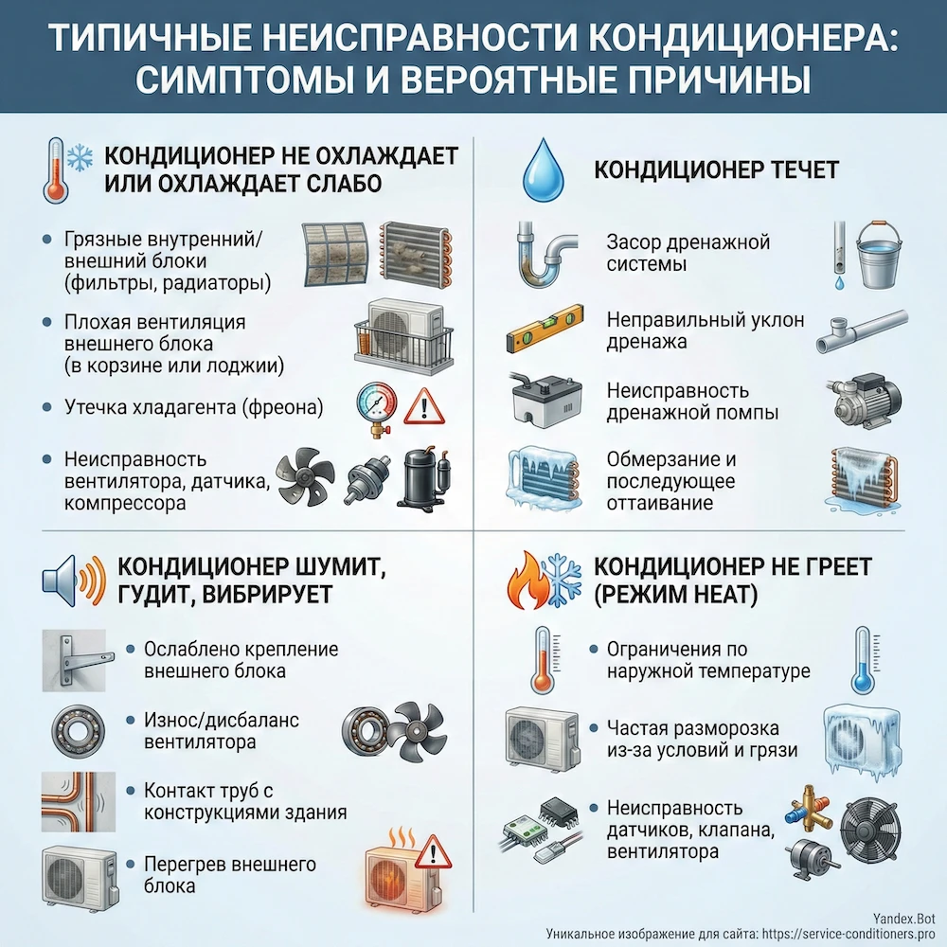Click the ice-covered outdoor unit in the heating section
[865, 732]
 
